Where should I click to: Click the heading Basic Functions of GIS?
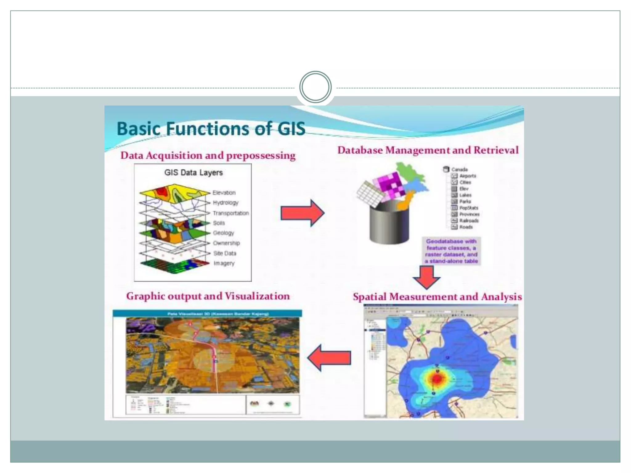coord(211,129)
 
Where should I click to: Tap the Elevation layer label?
coord(224,193)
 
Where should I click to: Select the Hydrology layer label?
coord(226,203)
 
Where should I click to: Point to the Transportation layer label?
coord(231,213)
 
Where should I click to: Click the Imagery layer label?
coord(224,263)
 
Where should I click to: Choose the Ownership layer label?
coord(226,243)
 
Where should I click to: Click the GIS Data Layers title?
coord(193,172)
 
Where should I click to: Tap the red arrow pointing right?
coord(302,213)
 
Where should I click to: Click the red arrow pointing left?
coord(329,358)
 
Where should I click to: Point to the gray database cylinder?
coord(389,225)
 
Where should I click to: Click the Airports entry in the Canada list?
coord(468,176)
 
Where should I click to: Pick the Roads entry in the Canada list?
coord(466,227)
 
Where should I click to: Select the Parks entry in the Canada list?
coord(465,201)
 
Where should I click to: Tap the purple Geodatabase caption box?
coord(451,251)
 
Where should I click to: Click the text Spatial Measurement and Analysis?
coord(437,297)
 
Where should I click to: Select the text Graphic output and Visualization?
coord(208,296)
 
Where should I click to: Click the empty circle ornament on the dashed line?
coord(315,87)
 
